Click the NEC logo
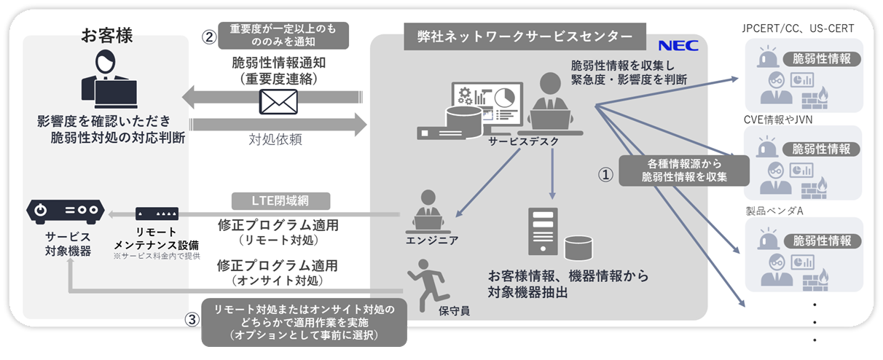click(679, 45)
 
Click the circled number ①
click(605, 176)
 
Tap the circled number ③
click(191, 320)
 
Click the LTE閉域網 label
click(280, 200)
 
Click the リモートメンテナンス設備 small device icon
click(157, 214)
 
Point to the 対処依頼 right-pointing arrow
click(277, 124)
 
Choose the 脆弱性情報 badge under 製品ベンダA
click(821, 241)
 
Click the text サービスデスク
click(525, 141)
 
